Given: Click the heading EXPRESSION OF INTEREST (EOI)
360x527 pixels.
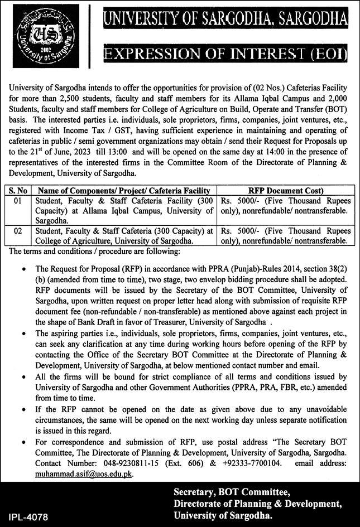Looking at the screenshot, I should point(224,55).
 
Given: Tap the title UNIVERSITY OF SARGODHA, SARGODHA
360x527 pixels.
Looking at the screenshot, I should point(224,21).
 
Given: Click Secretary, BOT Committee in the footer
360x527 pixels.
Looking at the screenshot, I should point(232,492).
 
